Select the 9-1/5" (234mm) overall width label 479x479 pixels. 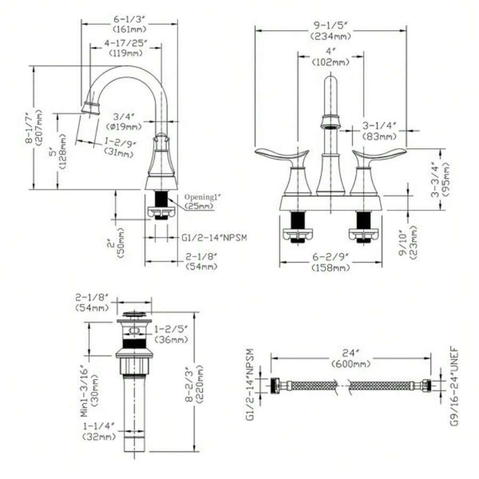click(331, 31)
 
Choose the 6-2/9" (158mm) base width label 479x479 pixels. click(331, 261)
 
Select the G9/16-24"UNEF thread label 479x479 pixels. click(457, 386)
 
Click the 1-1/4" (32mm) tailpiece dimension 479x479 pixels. click(100, 432)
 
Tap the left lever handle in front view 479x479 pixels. click(282, 156)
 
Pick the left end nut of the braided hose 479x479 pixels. click(276, 385)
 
